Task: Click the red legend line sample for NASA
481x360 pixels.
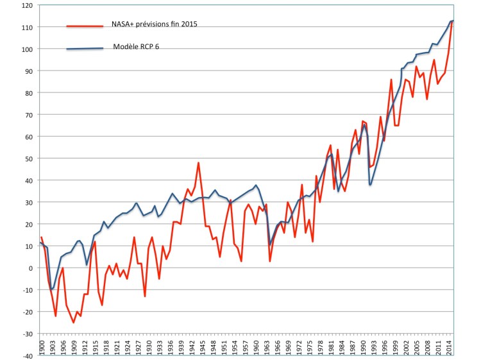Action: click(85, 26)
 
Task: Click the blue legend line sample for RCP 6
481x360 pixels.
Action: click(85, 49)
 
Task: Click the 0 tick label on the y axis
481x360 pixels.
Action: click(30, 268)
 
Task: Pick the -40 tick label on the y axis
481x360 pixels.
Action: click(27, 356)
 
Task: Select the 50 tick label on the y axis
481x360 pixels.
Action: click(28, 159)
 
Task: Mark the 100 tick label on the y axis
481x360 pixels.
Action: click(26, 49)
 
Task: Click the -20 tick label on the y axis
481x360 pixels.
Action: click(27, 312)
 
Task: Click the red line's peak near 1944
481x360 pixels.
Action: click(199, 163)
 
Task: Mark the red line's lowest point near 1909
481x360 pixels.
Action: click(74, 322)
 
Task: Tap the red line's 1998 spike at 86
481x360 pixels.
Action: click(391, 80)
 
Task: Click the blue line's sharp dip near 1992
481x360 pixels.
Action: click(370, 185)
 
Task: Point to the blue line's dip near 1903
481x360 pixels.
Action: click(52, 289)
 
